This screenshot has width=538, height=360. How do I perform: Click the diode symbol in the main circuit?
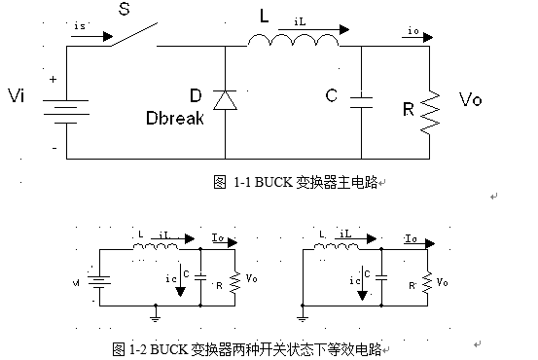coord(226,99)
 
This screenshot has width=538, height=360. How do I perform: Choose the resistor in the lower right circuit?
coord(428,283)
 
